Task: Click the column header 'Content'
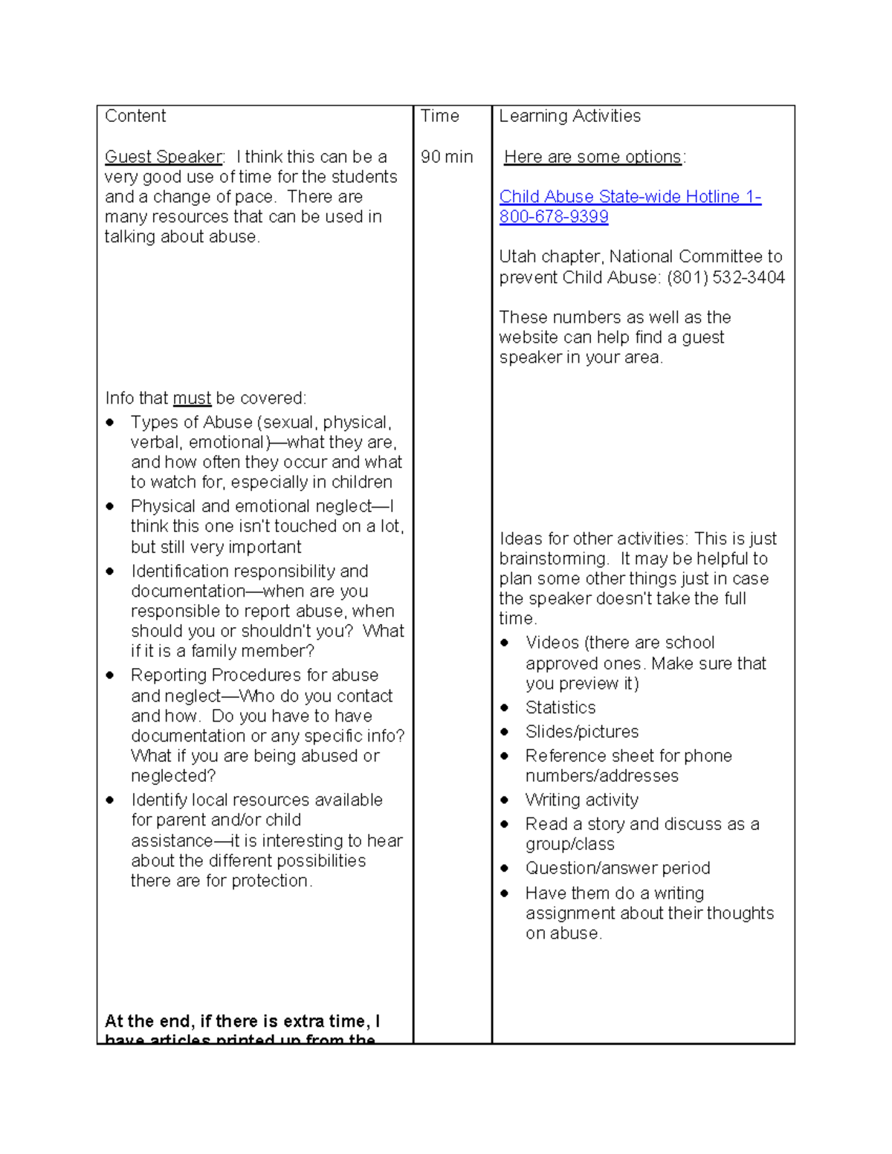click(x=135, y=116)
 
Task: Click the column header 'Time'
click(x=439, y=116)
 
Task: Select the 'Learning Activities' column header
click(x=569, y=116)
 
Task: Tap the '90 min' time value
click(x=446, y=157)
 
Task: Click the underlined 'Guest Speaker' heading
click(x=164, y=157)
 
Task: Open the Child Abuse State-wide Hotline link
click(x=630, y=197)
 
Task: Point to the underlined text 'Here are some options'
click(x=592, y=157)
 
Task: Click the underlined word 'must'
click(x=192, y=398)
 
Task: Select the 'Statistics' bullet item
click(x=560, y=707)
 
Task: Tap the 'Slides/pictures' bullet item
click(x=582, y=732)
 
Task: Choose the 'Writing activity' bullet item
click(x=582, y=800)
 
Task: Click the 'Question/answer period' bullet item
click(x=618, y=868)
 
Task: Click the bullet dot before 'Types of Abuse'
click(x=110, y=422)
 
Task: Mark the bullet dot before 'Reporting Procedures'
click(x=110, y=675)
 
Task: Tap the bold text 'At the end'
click(x=149, y=1022)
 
